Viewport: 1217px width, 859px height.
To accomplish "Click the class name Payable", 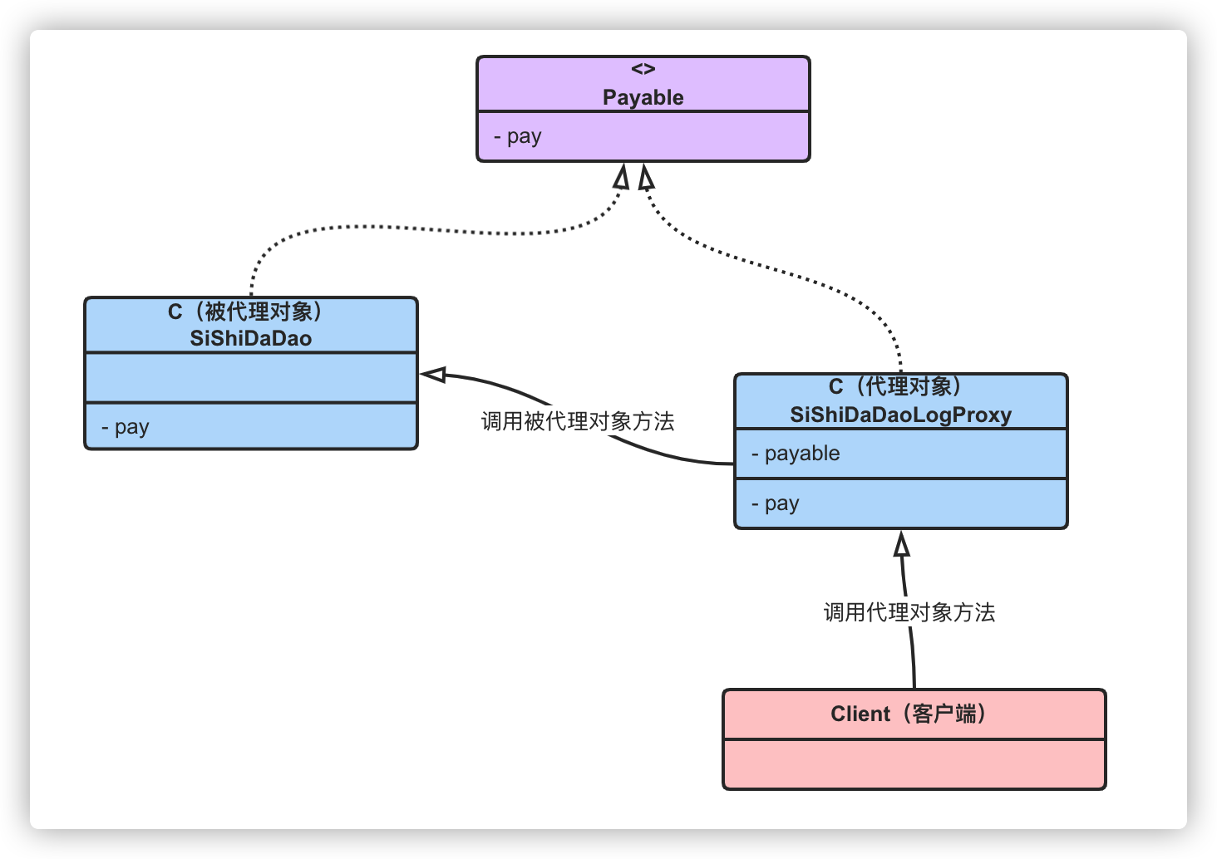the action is (643, 98).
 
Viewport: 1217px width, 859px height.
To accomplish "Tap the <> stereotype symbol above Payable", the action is (643, 69).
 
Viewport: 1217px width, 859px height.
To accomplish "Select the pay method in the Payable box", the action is (518, 136).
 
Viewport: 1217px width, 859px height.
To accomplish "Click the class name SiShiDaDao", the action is (250, 338).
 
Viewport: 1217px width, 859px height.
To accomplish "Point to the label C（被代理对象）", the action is (245, 312).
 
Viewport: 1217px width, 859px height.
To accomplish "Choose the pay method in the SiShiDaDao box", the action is (126, 427).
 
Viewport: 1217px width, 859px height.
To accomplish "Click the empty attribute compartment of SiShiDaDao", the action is (251, 378).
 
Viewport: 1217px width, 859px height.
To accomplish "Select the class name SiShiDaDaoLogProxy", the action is (901, 415).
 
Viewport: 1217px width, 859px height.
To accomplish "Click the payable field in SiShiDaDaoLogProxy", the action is (796, 454).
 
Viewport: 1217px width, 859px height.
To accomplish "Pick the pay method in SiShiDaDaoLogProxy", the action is (776, 504).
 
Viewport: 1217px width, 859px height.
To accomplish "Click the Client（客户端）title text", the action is (909, 714).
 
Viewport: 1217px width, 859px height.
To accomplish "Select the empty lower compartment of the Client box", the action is (914, 764).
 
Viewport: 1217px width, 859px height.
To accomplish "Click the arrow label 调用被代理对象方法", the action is (578, 421).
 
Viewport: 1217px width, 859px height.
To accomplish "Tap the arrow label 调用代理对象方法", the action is (909, 612).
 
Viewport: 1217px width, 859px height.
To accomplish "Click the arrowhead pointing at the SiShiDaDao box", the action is (433, 375).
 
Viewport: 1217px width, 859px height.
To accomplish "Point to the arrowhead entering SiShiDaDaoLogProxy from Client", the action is (901, 543).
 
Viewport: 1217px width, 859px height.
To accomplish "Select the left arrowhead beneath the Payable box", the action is (622, 176).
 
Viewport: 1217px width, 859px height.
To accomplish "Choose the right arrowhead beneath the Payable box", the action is (645, 177).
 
